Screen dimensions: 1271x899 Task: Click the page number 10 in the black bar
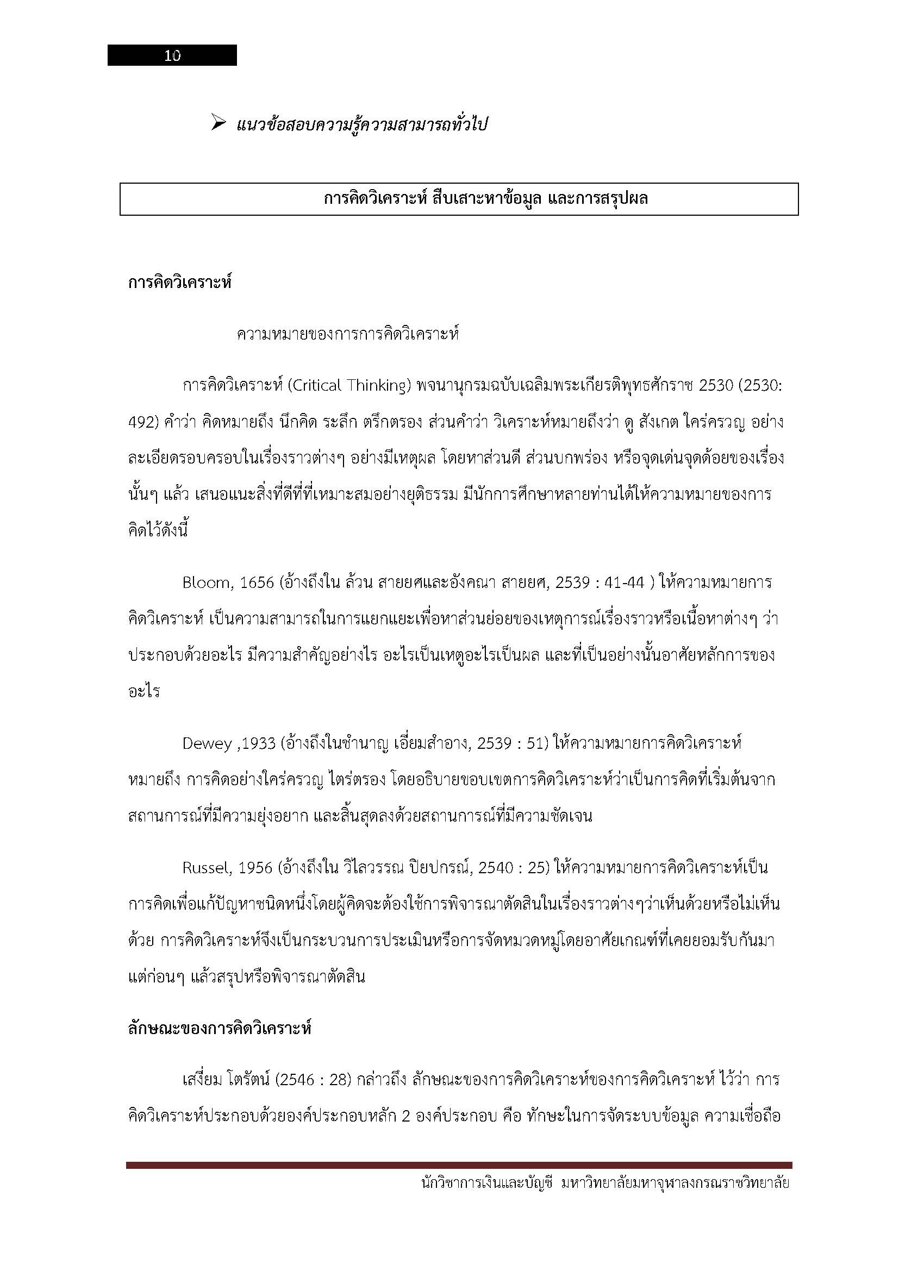pyautogui.click(x=172, y=55)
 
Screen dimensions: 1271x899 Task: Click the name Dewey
pyautogui.click(x=207, y=743)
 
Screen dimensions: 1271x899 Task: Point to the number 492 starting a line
pyautogui.click(x=143, y=423)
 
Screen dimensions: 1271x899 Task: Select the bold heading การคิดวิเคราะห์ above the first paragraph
pyautogui.click(x=179, y=283)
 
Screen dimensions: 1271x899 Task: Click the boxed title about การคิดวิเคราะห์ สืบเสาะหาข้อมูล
pyautogui.click(x=485, y=198)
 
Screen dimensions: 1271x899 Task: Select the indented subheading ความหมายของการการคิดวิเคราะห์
pyautogui.click(x=348, y=334)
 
